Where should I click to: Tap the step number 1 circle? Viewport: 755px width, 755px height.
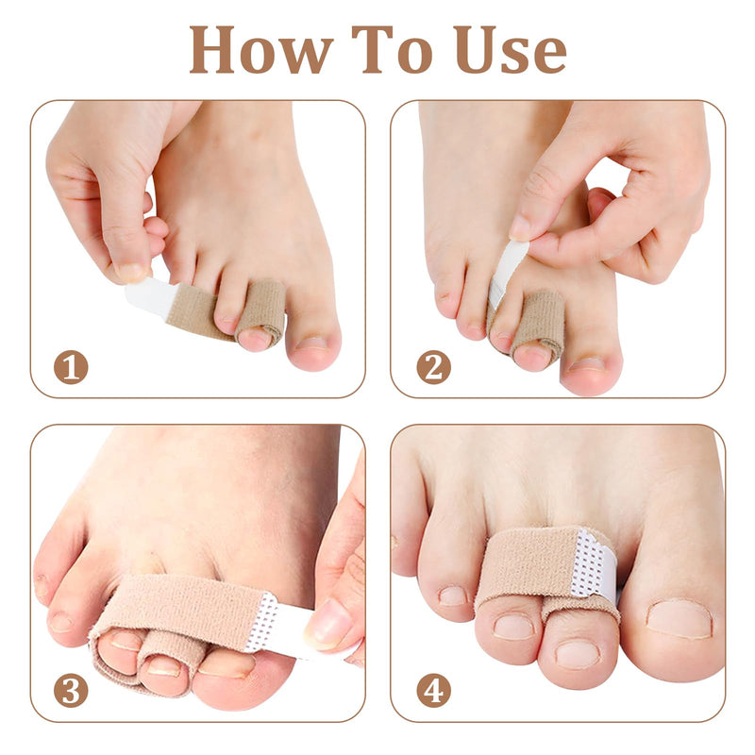tap(71, 366)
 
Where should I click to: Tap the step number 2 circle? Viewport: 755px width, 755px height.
tap(433, 366)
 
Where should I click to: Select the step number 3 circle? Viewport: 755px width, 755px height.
tap(71, 690)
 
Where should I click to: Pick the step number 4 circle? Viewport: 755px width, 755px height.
tap(433, 690)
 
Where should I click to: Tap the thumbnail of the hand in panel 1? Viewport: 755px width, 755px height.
tap(131, 274)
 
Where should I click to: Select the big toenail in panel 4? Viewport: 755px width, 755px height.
tap(678, 619)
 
